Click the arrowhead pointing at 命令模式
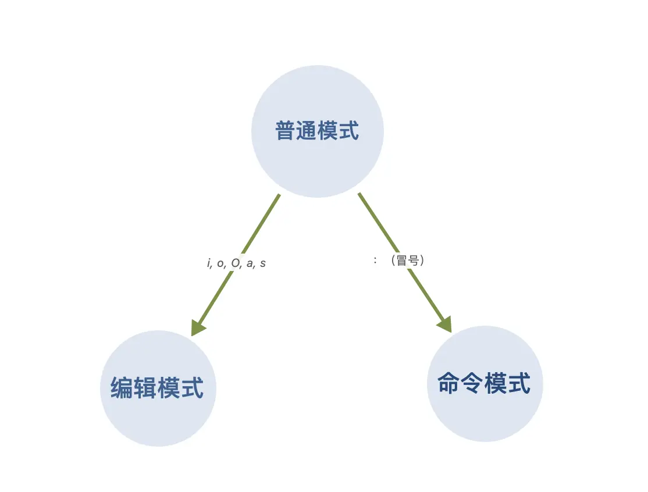(x=445, y=325)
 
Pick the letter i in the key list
(x=209, y=263)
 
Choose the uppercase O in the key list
(x=235, y=263)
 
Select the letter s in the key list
(x=263, y=263)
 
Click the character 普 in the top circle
(x=285, y=131)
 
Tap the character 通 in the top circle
(x=307, y=131)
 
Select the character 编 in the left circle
(x=122, y=388)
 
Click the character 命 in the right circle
(x=448, y=384)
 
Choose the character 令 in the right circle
(x=472, y=384)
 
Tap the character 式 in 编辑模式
(x=193, y=388)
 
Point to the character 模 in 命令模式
(x=496, y=384)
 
